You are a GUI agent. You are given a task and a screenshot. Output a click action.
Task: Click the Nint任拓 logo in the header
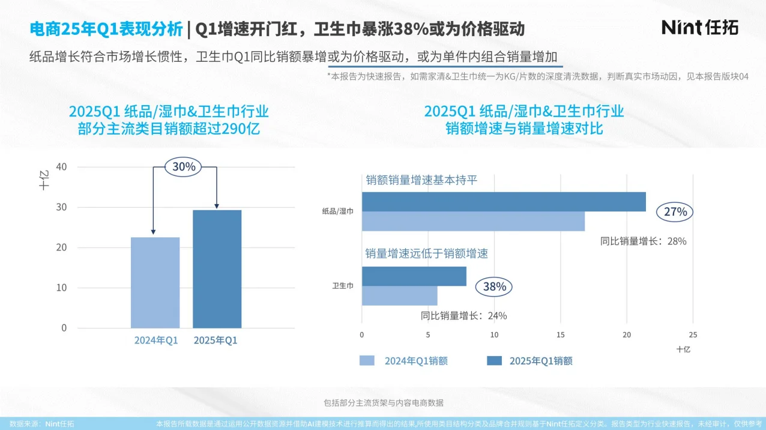[699, 27]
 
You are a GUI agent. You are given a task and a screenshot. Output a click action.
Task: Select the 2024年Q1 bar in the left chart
[155, 282]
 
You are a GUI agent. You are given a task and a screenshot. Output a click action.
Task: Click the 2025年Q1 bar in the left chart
[217, 269]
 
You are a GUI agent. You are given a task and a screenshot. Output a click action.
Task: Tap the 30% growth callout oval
[184, 167]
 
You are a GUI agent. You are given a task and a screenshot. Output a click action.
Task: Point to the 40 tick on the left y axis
[62, 166]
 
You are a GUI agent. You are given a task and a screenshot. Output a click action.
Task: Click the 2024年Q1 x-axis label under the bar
[155, 341]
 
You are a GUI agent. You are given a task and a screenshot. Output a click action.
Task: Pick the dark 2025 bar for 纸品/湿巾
[503, 202]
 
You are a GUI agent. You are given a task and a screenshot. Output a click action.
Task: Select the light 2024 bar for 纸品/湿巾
[472, 222]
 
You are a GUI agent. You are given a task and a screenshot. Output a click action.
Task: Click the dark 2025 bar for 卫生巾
[414, 276]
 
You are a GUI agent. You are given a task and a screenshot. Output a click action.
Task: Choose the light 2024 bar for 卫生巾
[399, 296]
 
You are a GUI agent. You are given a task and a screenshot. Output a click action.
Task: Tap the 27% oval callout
[675, 212]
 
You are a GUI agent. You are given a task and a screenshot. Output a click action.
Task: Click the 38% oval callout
[495, 287]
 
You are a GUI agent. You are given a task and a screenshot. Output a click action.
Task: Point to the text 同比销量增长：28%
[643, 241]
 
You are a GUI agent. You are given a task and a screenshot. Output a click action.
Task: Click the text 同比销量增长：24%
[463, 316]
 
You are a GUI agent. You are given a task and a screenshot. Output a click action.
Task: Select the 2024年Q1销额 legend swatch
[367, 360]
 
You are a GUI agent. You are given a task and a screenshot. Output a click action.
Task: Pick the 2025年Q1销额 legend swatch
[494, 360]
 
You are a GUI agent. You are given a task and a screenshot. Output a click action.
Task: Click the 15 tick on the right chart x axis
[560, 335]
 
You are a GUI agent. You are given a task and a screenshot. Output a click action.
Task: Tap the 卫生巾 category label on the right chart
[343, 286]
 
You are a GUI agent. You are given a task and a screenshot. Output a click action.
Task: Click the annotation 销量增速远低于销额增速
[426, 253]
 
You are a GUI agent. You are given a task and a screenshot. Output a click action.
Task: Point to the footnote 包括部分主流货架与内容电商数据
[383, 403]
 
